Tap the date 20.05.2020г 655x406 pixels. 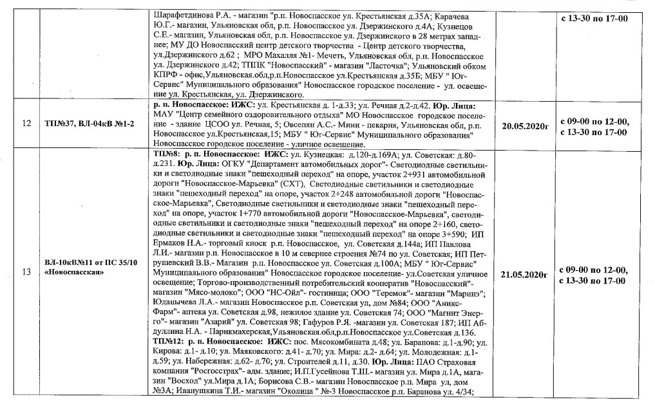pyautogui.click(x=524, y=124)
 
